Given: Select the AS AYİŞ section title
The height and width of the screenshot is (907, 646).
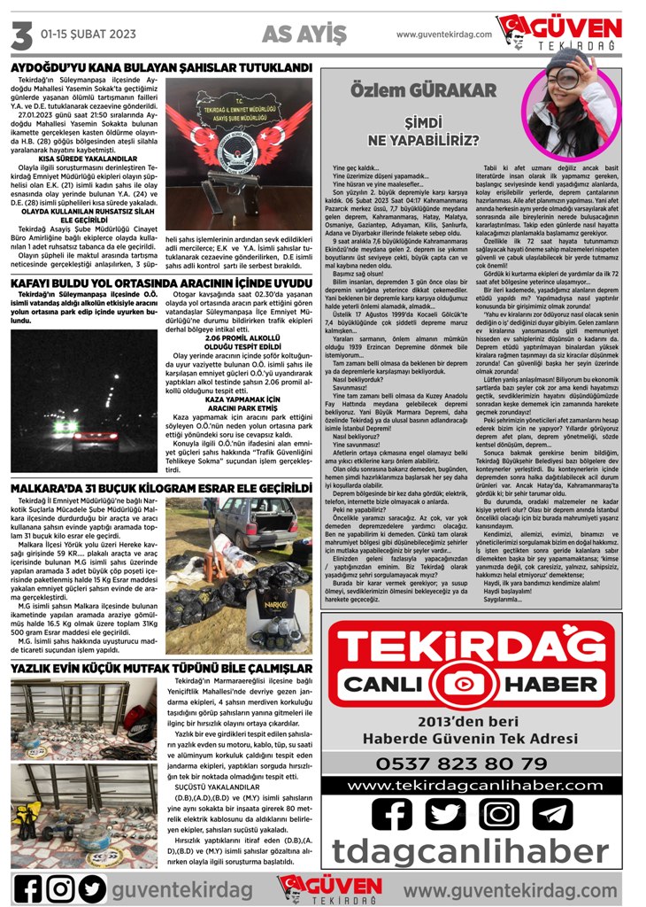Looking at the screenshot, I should click(304, 34).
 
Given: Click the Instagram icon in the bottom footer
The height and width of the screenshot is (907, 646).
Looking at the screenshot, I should click(60, 888).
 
